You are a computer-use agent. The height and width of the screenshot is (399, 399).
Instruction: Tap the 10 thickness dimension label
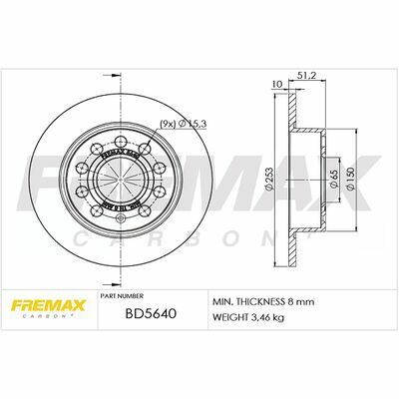coord(275,85)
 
